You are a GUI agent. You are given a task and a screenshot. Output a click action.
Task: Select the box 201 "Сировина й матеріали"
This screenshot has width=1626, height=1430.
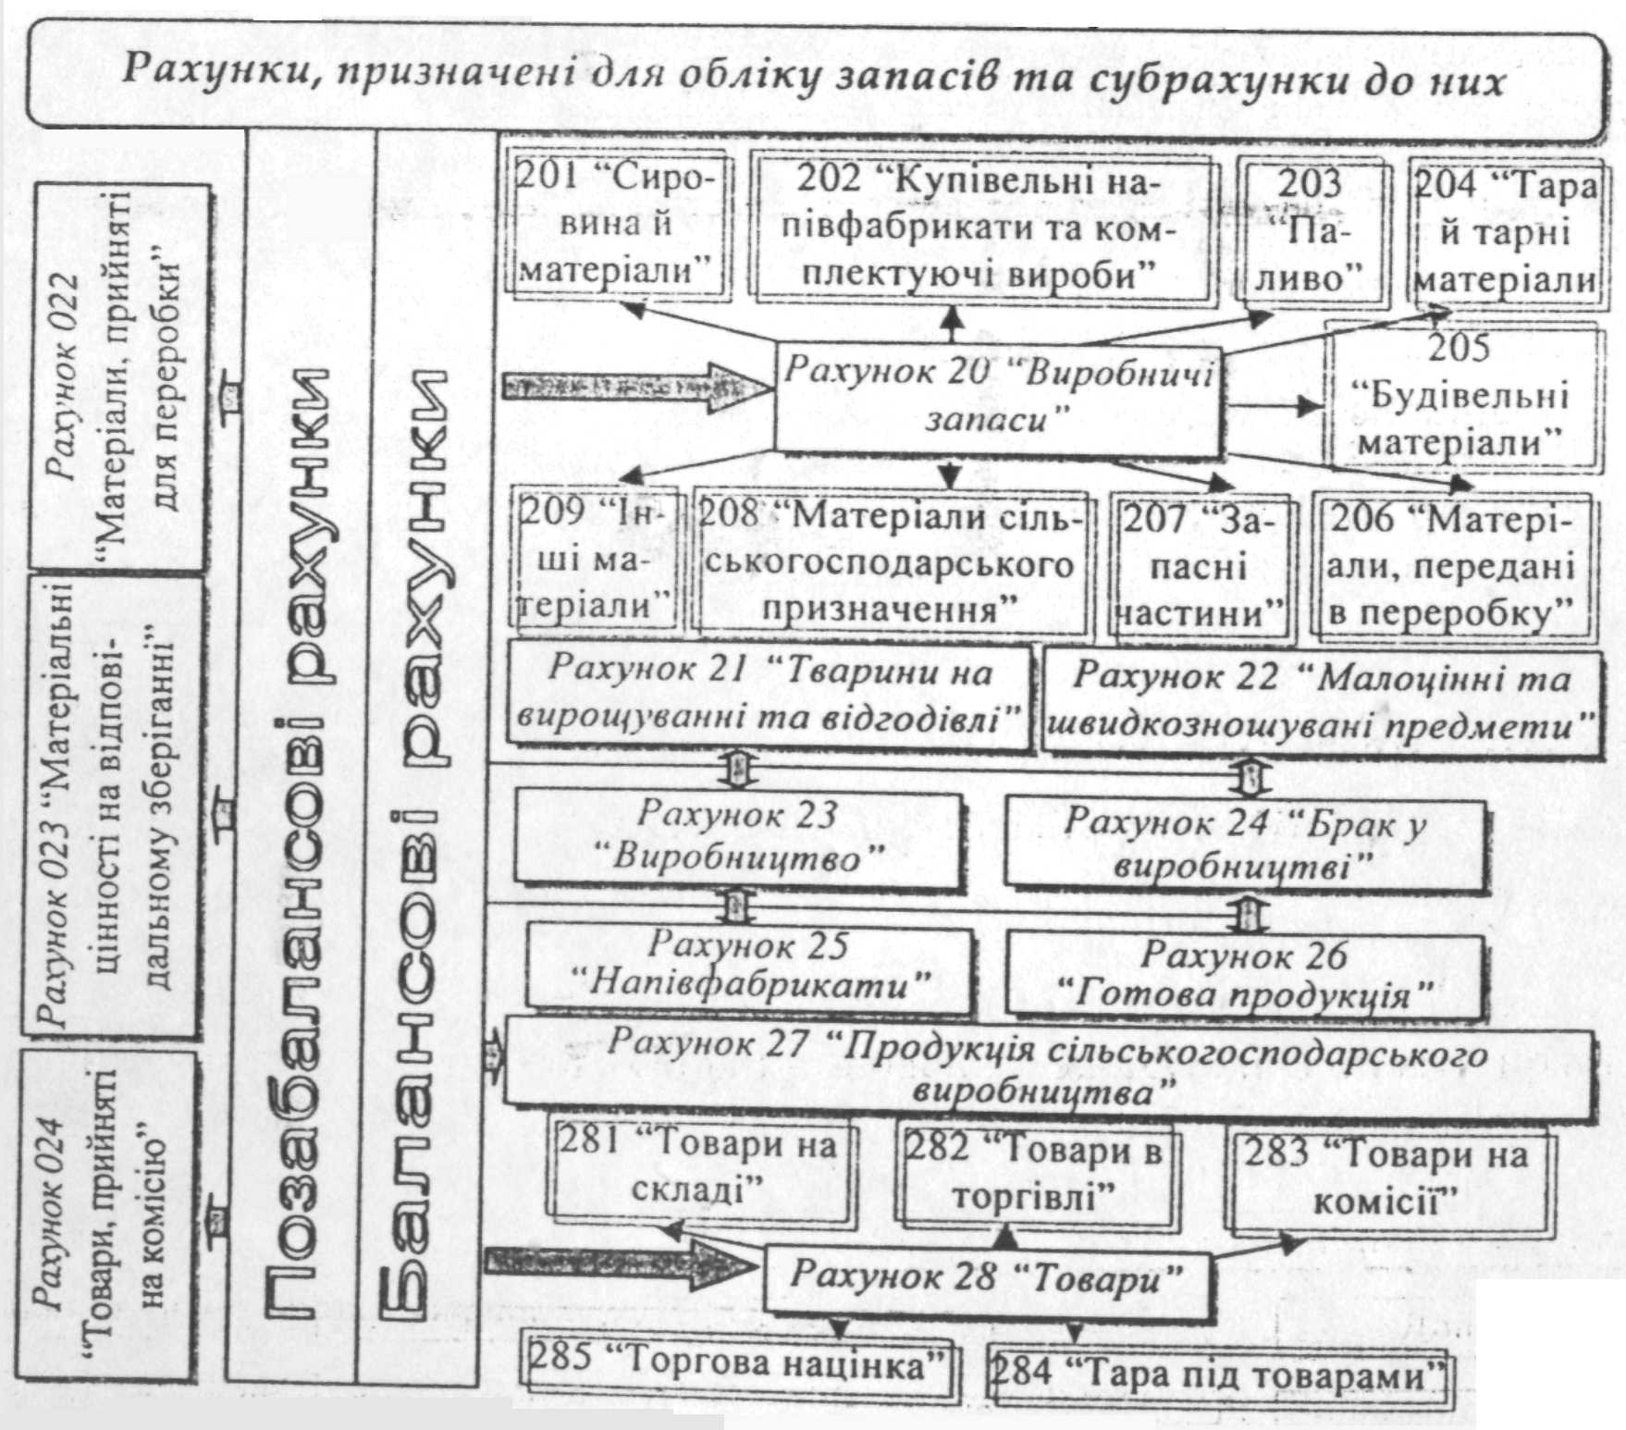coord(618,227)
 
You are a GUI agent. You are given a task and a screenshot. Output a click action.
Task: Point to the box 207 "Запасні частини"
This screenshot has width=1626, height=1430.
coord(1201,566)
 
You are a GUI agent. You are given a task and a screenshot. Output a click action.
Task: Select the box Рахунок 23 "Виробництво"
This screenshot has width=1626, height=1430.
coord(736,837)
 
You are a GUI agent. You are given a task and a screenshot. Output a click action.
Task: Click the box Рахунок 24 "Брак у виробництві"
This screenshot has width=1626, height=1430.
coord(1245,844)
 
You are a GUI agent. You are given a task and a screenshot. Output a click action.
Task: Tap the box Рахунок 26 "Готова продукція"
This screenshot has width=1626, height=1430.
coord(1245,975)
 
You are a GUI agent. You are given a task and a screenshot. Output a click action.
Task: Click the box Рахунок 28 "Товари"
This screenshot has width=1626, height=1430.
coord(986,1279)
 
